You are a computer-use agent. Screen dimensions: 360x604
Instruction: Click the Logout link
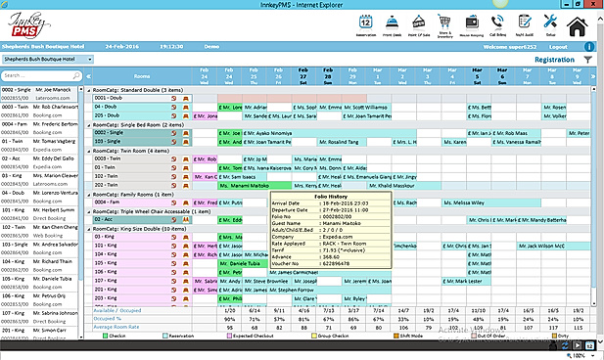[x=558, y=45]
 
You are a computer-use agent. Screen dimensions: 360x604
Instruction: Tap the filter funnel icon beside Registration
[x=587, y=60]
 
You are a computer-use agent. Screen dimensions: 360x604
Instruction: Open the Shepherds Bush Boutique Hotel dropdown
[x=45, y=59]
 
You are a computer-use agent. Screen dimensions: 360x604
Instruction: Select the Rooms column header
[x=142, y=75]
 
